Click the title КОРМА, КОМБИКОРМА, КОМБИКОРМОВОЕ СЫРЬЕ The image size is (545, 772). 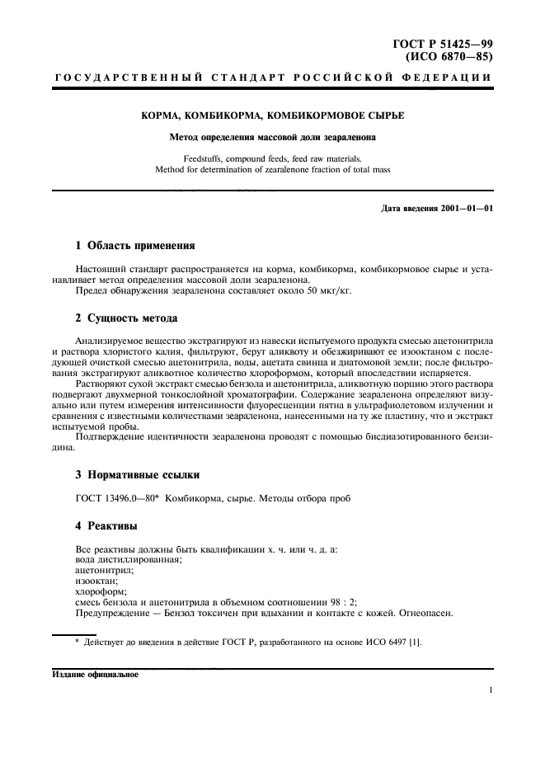272,117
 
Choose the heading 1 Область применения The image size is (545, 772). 134,245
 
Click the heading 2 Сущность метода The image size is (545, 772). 125,318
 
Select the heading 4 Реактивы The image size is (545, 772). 106,525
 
